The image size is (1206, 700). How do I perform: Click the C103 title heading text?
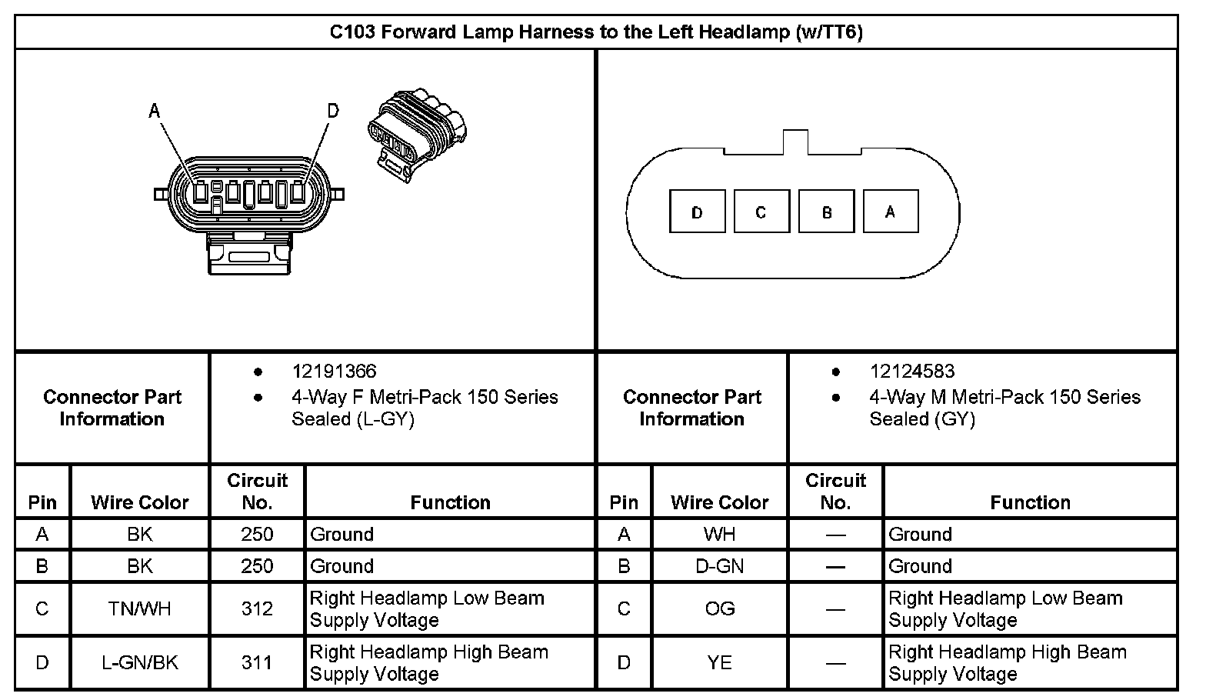[x=596, y=32]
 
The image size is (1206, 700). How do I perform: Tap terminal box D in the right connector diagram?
[x=698, y=212]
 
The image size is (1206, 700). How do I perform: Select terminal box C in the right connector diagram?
[x=761, y=212]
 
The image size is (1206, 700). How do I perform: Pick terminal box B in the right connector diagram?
[x=827, y=212]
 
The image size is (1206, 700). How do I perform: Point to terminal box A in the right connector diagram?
[x=891, y=212]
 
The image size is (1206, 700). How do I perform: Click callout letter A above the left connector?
[x=155, y=112]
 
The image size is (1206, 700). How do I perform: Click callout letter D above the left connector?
[x=332, y=112]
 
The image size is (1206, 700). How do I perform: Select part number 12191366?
[x=334, y=372]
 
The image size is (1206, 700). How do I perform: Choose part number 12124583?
[x=911, y=372]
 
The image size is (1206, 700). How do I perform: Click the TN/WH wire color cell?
[x=139, y=608]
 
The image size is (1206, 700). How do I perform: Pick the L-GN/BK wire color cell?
[x=139, y=662]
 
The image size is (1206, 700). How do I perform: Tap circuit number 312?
[x=257, y=608]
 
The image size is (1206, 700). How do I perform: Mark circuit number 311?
[x=257, y=662]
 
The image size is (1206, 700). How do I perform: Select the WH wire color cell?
[x=719, y=534]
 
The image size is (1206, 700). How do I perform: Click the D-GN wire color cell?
[x=719, y=566]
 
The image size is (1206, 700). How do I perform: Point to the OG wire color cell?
[x=719, y=608]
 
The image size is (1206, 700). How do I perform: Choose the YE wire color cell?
[x=719, y=662]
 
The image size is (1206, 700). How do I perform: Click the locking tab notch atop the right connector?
[x=795, y=142]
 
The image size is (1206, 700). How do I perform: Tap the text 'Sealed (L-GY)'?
[x=352, y=419]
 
